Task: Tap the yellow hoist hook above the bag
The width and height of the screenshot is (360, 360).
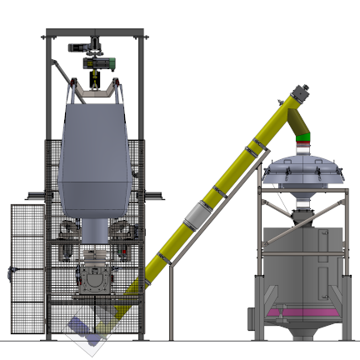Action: pos(95,80)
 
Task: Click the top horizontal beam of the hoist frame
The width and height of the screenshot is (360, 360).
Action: pos(96,34)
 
